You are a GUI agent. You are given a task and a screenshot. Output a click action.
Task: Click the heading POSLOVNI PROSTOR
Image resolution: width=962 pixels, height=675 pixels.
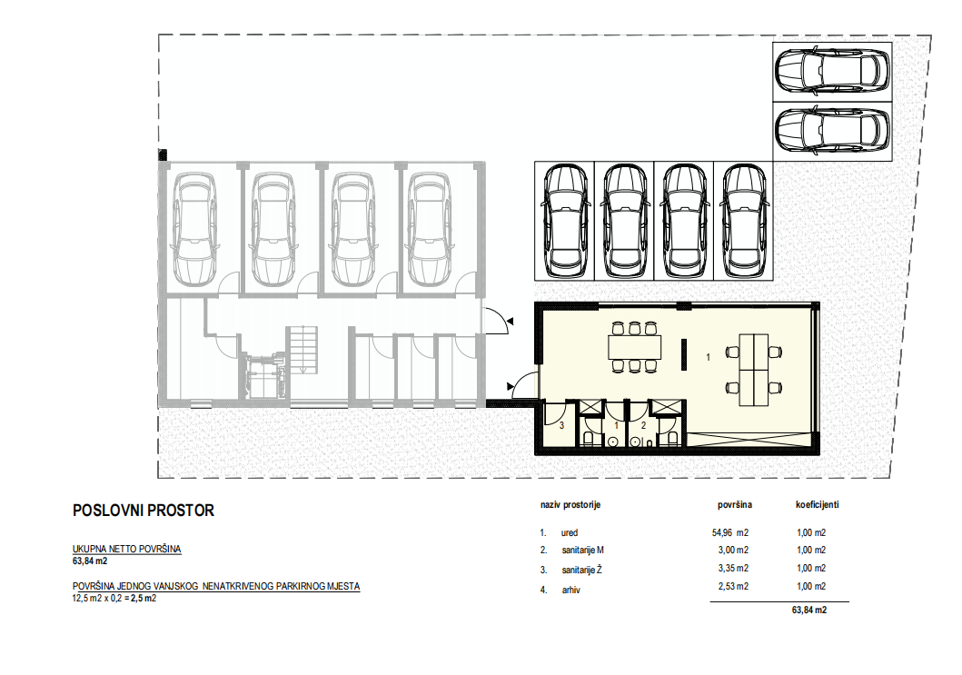[x=144, y=511]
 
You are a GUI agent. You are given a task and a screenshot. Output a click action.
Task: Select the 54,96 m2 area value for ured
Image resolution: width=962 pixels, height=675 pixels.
[x=730, y=532]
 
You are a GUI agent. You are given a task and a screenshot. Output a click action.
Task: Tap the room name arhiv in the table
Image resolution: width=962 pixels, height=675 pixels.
[x=570, y=590]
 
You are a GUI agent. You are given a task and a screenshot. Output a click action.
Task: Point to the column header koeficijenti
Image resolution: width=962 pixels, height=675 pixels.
[x=818, y=504]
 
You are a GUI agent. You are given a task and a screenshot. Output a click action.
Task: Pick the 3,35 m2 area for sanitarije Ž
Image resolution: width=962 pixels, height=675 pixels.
[x=733, y=568]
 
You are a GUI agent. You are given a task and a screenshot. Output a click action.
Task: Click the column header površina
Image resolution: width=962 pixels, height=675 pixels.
[x=735, y=505]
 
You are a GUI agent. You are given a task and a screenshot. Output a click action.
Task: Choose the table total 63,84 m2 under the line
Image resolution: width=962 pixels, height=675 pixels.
[x=809, y=610]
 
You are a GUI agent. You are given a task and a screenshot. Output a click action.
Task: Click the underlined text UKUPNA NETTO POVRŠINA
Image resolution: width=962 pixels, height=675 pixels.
[x=127, y=549]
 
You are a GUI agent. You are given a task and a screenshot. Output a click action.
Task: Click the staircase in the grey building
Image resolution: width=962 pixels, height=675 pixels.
[x=302, y=349]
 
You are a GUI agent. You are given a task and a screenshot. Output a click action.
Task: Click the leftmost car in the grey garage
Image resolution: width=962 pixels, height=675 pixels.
[x=194, y=229]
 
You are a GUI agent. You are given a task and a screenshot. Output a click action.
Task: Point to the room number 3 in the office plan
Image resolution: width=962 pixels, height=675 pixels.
[x=562, y=424]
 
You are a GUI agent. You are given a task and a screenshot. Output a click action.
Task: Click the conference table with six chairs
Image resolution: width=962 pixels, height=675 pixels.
[x=634, y=348]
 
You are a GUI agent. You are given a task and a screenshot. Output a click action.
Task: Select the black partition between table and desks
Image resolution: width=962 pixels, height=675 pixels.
[x=684, y=354]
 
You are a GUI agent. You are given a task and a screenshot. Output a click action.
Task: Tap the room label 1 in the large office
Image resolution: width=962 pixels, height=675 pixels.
[x=708, y=356]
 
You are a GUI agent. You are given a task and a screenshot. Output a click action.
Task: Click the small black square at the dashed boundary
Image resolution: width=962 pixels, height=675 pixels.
[x=163, y=154]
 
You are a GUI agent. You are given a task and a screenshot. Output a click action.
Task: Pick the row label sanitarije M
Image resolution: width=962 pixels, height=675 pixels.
[x=583, y=550]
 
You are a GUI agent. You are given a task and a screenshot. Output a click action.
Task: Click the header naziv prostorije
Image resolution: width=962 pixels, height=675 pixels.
[x=570, y=505]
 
